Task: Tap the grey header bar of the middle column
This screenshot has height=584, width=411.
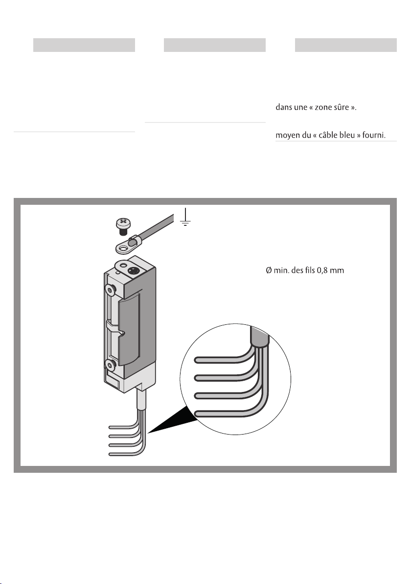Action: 214,45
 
